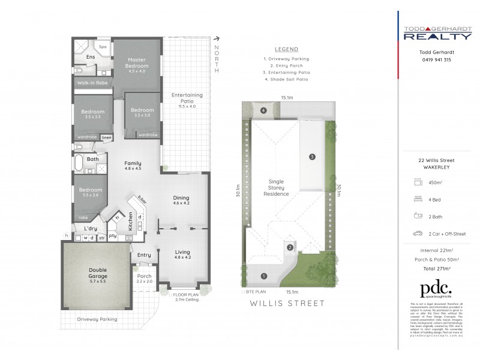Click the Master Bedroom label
137,62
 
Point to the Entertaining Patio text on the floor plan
187,98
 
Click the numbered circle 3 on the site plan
312,157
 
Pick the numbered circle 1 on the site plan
264,275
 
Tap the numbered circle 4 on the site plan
263,110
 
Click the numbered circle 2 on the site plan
289,247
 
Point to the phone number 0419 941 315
436,60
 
